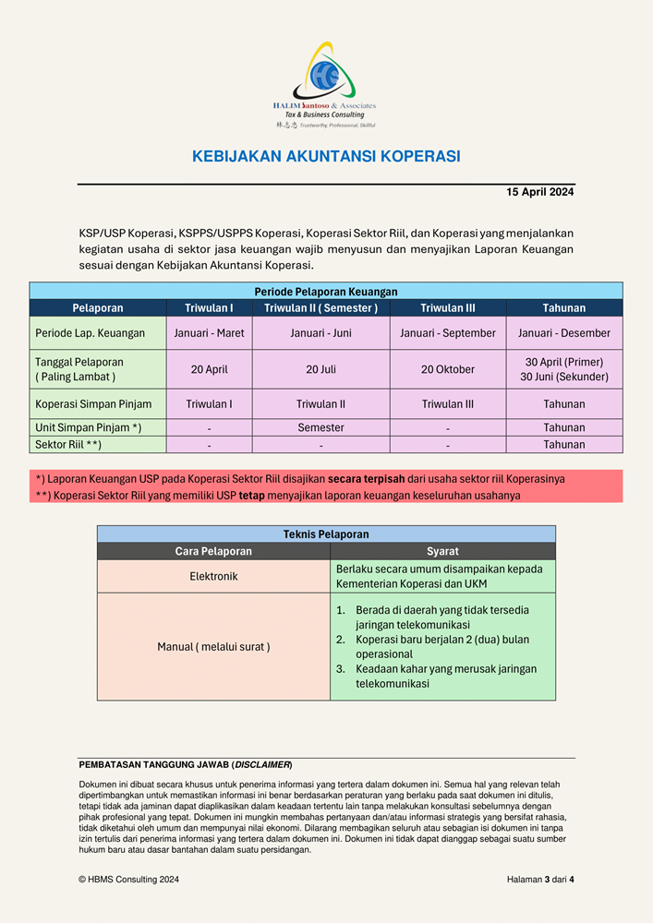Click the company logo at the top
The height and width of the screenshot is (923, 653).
click(x=325, y=83)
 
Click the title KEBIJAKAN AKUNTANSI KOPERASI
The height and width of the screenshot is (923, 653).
click(x=326, y=157)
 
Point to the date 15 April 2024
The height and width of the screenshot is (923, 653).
click(x=540, y=192)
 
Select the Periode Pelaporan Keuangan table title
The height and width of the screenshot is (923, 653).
click(x=326, y=291)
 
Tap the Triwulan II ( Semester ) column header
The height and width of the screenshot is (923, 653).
click(x=320, y=308)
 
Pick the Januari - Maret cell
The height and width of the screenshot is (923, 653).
click(x=210, y=333)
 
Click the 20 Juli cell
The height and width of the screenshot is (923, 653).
click(x=320, y=369)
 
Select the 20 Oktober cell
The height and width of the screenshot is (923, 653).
click(x=448, y=369)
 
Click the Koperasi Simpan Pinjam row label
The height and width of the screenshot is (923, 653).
click(x=93, y=404)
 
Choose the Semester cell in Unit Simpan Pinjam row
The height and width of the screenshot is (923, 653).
click(x=320, y=428)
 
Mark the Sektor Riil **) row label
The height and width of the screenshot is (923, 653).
click(x=68, y=445)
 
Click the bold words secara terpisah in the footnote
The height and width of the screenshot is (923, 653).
click(x=367, y=479)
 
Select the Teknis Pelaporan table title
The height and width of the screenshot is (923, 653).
click(x=326, y=534)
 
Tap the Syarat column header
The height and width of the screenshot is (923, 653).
click(x=442, y=552)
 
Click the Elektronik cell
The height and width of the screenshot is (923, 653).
click(x=213, y=576)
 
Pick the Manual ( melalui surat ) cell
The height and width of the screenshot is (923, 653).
click(x=213, y=647)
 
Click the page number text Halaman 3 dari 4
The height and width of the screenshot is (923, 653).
click(x=540, y=880)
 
